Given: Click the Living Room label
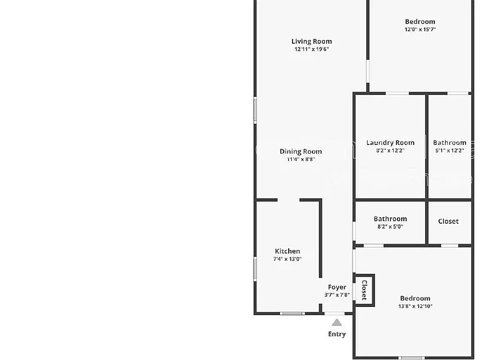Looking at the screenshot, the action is (312, 41).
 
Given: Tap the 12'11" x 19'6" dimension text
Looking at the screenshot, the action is (312, 49).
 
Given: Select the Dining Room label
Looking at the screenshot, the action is (301, 151).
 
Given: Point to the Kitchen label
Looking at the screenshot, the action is (287, 251).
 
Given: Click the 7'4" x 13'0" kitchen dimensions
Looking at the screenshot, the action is (287, 259).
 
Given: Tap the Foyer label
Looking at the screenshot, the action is (337, 287).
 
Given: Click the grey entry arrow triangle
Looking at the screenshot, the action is (337, 322).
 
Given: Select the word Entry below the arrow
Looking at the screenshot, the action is (337, 334).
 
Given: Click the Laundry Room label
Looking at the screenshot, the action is (390, 142).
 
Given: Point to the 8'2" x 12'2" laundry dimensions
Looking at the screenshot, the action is (390, 150).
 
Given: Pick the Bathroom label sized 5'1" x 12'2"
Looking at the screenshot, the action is (450, 142).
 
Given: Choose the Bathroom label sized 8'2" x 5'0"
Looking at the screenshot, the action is (390, 219).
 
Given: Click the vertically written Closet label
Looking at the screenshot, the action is (364, 290).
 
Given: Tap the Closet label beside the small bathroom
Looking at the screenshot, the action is (448, 221).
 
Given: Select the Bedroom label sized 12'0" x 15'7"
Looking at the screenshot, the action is (420, 21).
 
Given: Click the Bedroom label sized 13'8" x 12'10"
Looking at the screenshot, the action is (415, 298).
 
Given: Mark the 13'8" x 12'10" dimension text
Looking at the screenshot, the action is (415, 306).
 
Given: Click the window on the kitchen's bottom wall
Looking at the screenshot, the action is (292, 313).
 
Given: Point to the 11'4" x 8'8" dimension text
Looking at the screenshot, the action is (301, 159).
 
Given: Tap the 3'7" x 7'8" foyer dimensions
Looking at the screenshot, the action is (337, 295).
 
